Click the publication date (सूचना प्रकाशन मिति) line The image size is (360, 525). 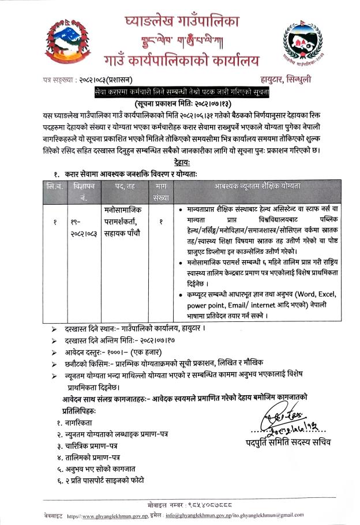tap(182, 104)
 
